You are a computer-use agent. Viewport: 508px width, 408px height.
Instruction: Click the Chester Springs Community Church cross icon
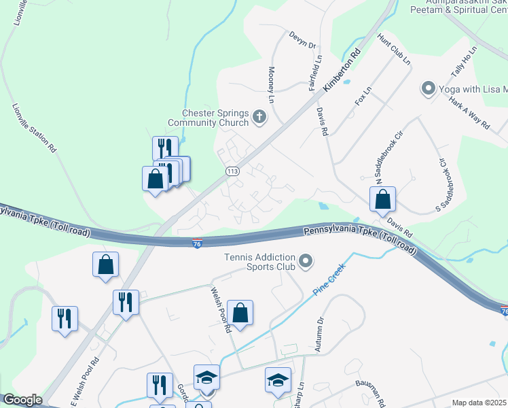click(259, 118)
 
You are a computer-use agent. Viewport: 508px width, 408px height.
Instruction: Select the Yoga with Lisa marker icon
click(428, 89)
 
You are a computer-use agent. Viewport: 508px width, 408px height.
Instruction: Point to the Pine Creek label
click(329, 279)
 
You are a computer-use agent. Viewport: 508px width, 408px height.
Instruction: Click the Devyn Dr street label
click(303, 40)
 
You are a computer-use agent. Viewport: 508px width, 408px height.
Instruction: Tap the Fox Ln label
click(363, 96)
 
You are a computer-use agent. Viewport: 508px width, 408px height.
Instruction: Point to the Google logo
click(22, 400)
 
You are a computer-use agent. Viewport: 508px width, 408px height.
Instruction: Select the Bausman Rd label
click(370, 392)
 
